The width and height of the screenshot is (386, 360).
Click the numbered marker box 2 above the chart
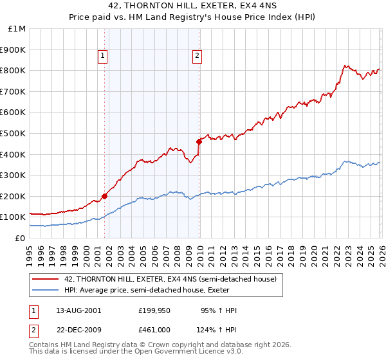[196, 57]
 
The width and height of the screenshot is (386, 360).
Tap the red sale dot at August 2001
[104, 196]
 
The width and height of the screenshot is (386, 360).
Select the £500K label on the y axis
[14, 133]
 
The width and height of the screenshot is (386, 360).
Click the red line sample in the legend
[45, 279]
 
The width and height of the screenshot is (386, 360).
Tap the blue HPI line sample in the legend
[45, 290]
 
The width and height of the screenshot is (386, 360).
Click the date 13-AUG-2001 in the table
[78, 310]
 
